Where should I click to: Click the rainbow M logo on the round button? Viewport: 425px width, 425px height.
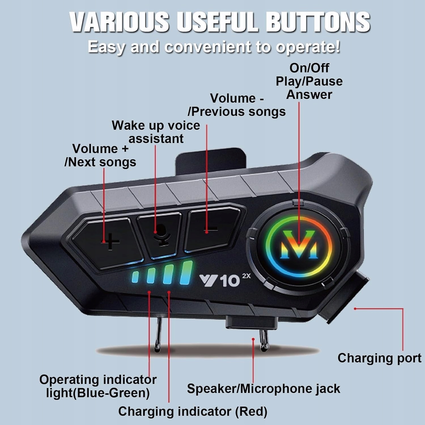299,244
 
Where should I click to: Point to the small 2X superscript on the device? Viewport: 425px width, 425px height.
246,276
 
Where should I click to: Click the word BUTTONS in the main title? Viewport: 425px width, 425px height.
318,22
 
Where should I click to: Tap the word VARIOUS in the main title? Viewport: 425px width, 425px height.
119,22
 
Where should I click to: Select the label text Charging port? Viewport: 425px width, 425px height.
379,358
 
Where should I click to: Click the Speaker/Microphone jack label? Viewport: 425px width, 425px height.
263,388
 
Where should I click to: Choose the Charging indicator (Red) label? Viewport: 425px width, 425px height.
193,411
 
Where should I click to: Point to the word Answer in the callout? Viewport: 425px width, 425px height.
309,95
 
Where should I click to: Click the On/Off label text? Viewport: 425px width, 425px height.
309,68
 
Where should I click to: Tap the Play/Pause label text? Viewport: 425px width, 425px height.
309,82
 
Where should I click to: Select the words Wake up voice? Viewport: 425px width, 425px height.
156,126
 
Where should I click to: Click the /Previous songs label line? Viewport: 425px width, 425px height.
237,112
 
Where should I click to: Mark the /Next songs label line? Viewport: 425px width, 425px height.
100,162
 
